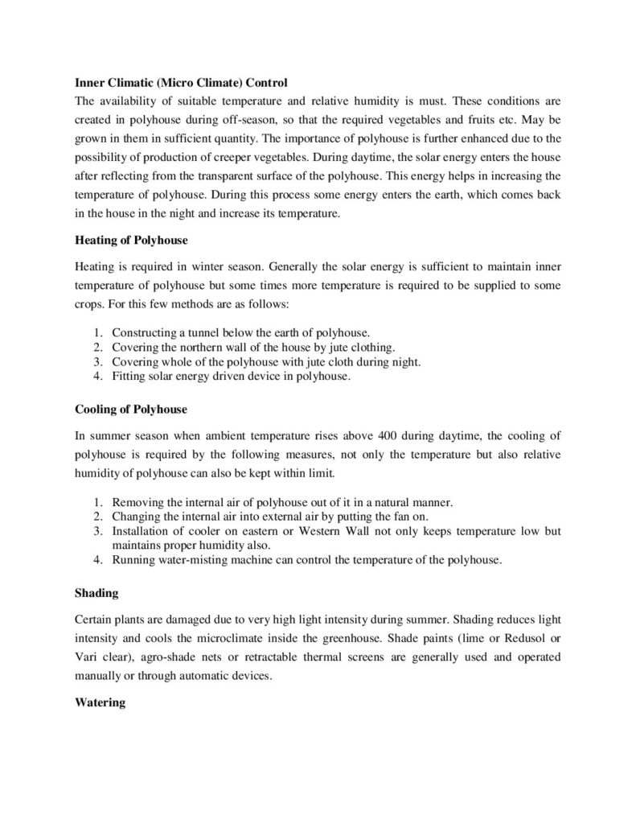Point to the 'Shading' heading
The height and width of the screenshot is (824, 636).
click(96, 593)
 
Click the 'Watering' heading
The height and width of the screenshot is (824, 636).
click(100, 702)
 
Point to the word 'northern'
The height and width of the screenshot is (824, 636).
click(202, 348)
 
